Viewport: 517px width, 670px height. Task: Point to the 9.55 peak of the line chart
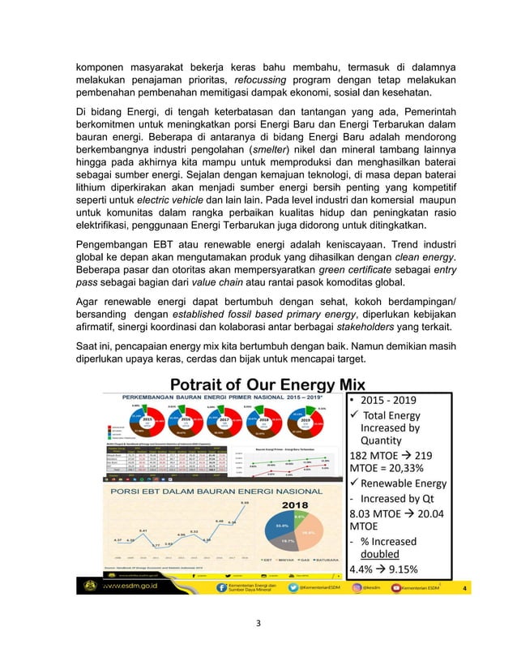(x=246, y=503)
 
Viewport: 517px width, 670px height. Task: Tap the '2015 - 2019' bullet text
(x=384, y=401)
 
